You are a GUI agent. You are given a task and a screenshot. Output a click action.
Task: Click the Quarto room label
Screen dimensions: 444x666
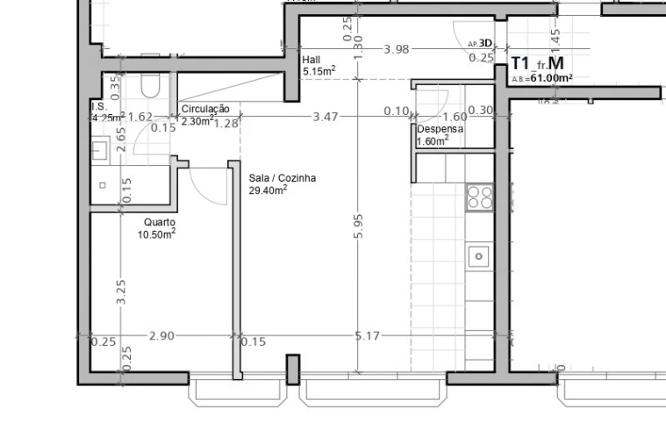click(159, 222)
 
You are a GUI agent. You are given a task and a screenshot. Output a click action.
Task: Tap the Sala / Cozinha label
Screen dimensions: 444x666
click(282, 178)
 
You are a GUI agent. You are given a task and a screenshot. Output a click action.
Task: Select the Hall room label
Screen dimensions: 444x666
click(312, 60)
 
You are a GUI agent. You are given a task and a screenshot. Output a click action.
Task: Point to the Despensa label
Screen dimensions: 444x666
click(440, 129)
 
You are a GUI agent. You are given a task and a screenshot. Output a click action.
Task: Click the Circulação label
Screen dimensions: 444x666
click(205, 109)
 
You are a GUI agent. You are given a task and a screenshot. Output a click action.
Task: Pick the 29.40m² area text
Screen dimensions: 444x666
click(269, 190)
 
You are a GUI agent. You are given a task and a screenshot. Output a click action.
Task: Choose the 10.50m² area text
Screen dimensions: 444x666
click(156, 234)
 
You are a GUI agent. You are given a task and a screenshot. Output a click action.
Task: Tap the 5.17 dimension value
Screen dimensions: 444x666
click(368, 335)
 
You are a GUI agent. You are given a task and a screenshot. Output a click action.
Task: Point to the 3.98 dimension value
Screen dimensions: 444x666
click(397, 49)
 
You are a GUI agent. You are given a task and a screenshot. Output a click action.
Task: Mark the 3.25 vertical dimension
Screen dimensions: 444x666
click(121, 291)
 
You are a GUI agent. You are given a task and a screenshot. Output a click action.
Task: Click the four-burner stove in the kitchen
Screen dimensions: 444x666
click(479, 197)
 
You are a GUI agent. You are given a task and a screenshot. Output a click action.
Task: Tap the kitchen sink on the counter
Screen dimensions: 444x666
click(479, 256)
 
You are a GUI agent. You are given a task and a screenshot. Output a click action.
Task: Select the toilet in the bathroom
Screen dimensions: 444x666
click(149, 85)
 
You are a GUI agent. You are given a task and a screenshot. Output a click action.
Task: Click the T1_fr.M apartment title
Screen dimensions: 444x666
click(537, 63)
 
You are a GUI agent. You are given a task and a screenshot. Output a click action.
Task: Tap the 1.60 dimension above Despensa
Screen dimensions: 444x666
click(455, 116)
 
